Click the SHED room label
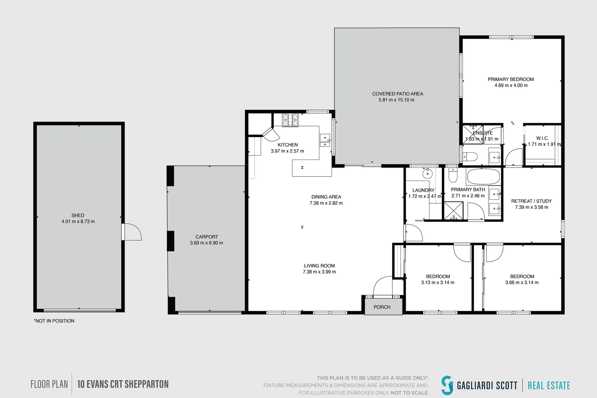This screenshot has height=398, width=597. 78,215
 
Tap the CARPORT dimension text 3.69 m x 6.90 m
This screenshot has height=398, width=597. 206,243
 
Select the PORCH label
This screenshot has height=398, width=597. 382,307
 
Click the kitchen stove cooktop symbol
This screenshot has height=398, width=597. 290,120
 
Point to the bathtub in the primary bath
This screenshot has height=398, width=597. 483,177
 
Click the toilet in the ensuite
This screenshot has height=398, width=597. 470,157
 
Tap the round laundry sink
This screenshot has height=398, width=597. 427,174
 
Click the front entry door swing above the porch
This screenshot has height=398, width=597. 383,286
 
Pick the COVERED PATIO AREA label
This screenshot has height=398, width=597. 398,94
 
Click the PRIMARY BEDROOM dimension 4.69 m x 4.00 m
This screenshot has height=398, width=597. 511,85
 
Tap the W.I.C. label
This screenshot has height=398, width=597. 542,138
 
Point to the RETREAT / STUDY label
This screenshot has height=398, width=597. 531,201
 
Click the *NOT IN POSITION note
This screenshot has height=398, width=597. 54,321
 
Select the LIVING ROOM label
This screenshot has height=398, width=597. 319,266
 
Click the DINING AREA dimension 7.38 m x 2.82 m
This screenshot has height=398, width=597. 326,203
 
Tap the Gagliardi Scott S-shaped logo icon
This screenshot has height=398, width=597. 447,385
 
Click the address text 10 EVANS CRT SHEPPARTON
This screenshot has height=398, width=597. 123,384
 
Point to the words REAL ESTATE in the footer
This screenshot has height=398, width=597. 549,385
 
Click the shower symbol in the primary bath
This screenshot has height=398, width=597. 454,211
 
